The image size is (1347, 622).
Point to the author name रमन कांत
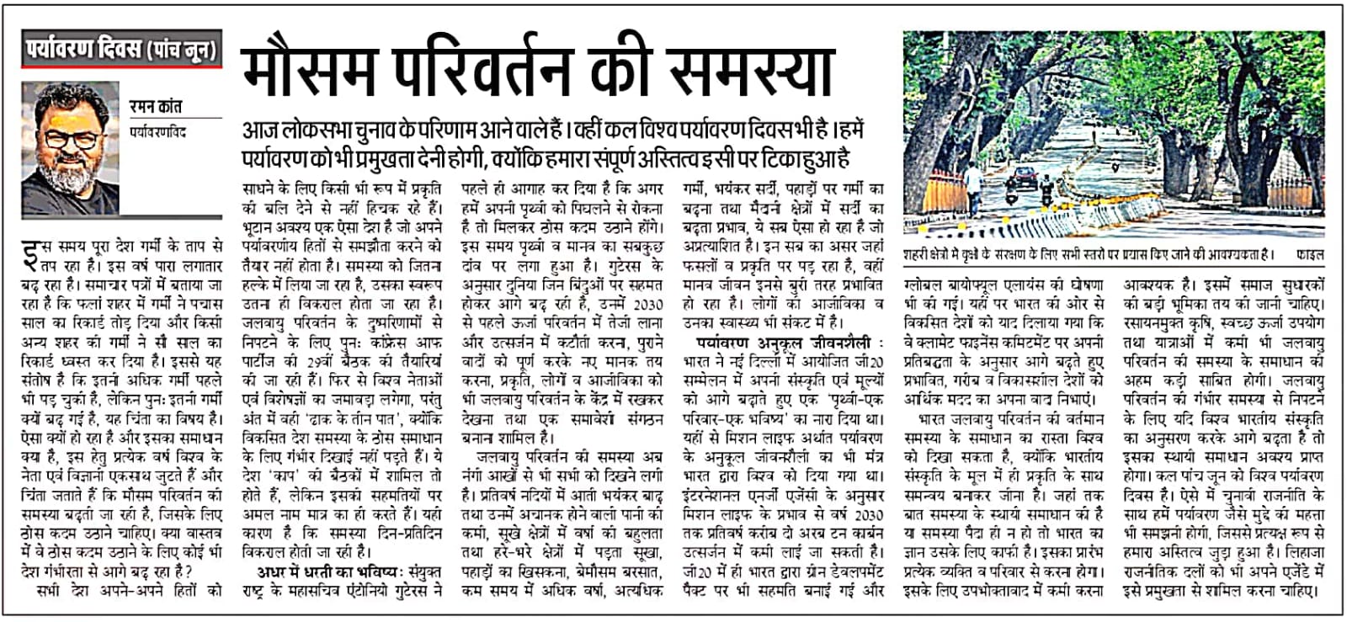[156, 108]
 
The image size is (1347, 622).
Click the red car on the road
[1023, 176]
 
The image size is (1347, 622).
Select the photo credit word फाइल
[1309, 253]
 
